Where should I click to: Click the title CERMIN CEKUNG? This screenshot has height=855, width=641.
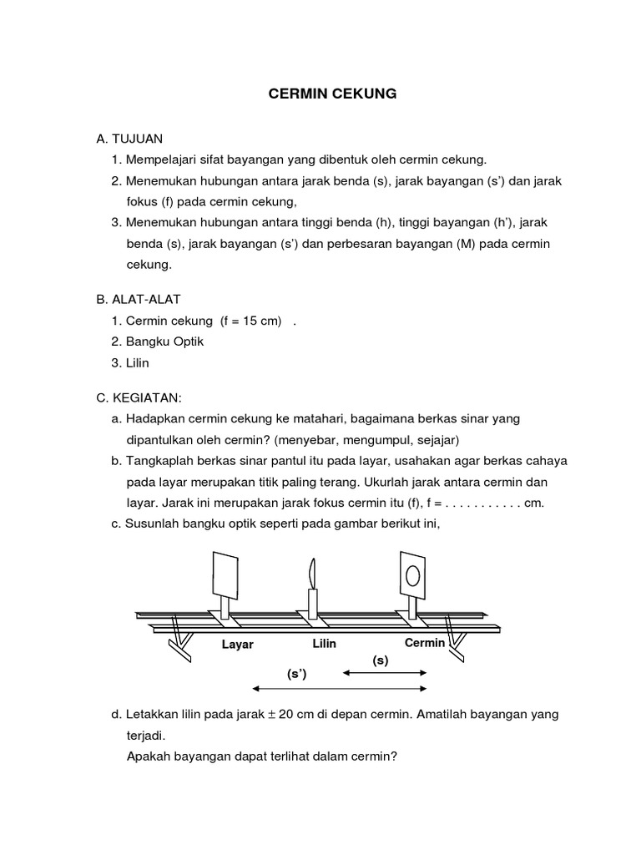point(332,94)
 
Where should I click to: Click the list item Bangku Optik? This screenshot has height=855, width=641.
point(165,341)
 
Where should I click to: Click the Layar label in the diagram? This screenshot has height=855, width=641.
point(237,645)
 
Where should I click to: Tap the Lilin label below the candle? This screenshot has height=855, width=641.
point(325,644)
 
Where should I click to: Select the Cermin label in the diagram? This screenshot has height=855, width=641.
point(426,643)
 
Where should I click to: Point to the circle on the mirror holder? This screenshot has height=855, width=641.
point(413,574)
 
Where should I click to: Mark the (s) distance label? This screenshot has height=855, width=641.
point(381,660)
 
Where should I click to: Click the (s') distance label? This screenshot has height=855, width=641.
point(297,674)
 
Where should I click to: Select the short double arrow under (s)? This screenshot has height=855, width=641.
point(385,672)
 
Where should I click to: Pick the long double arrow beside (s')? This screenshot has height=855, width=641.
point(340,689)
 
